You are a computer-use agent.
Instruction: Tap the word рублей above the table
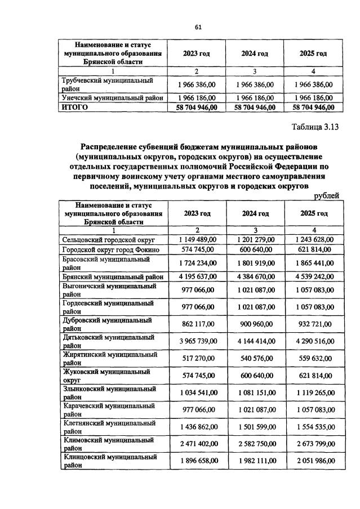click(326, 195)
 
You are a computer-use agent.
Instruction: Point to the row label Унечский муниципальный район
click(112, 97)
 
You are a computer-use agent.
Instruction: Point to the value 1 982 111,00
click(255, 461)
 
